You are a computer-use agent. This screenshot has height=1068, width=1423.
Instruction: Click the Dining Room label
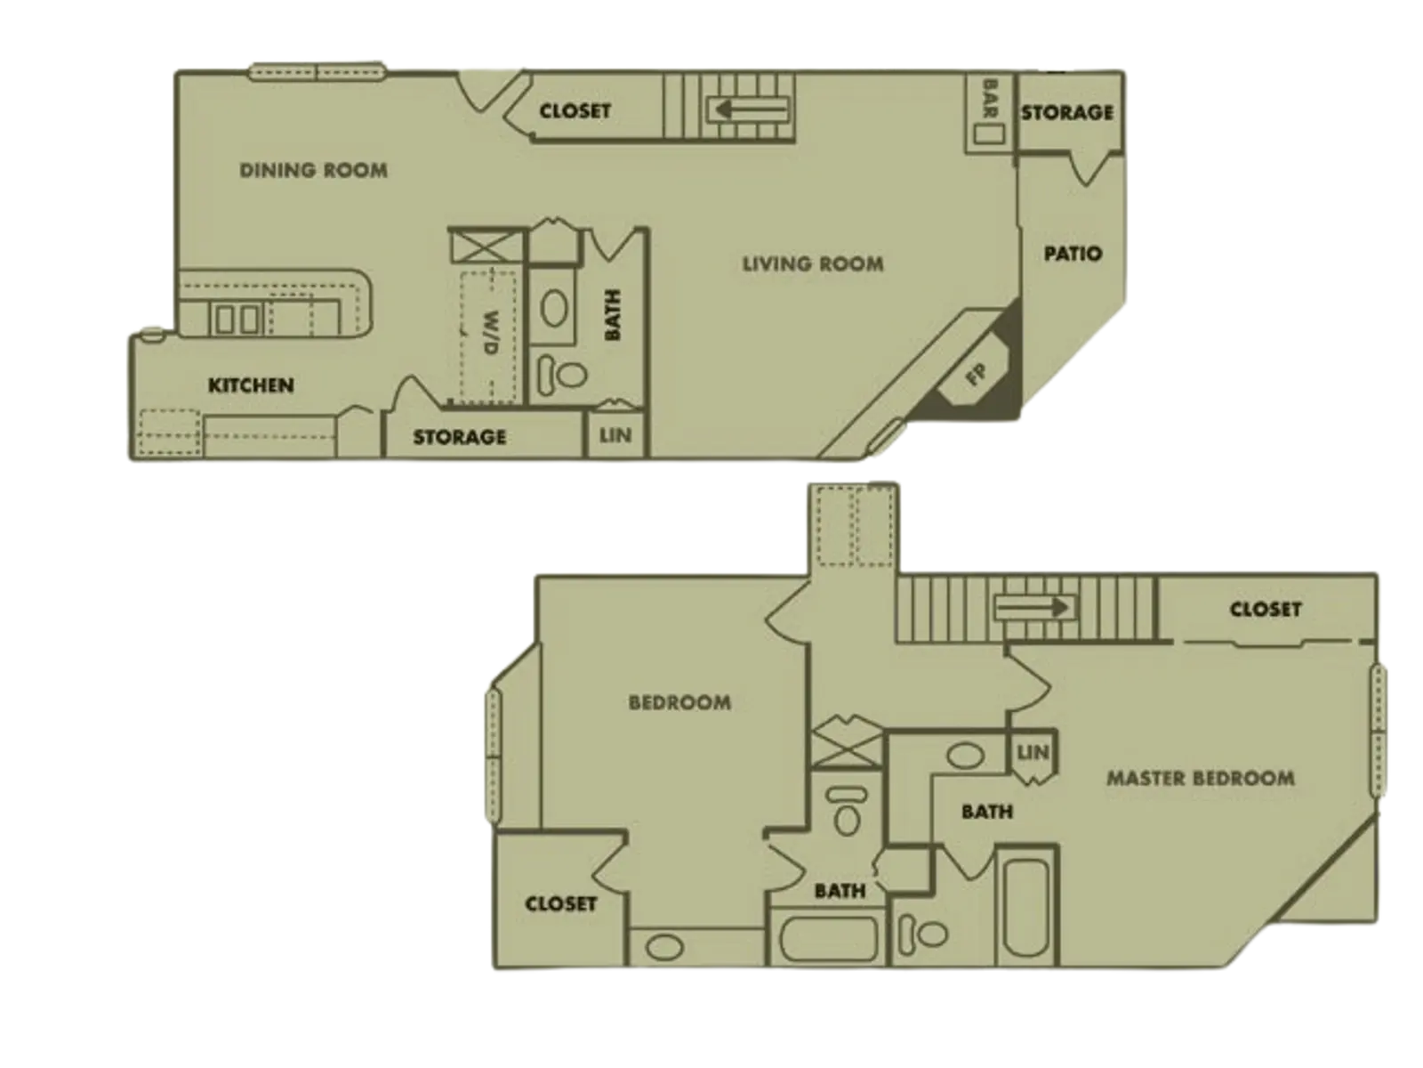(x=313, y=169)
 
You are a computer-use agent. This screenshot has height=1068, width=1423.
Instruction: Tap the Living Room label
(x=813, y=263)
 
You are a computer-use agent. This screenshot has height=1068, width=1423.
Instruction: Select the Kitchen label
(x=251, y=385)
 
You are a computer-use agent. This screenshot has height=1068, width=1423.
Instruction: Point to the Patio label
(x=1073, y=254)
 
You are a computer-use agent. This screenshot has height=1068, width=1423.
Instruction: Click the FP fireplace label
(x=976, y=375)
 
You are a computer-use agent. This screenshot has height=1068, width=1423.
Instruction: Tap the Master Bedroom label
(x=1200, y=779)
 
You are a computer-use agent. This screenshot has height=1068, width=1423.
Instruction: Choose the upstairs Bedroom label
(x=679, y=702)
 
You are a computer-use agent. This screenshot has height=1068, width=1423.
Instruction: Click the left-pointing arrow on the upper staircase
(x=747, y=109)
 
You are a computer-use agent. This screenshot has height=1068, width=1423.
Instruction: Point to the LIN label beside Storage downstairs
(x=615, y=435)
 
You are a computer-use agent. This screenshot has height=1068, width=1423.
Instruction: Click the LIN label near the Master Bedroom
(x=1033, y=753)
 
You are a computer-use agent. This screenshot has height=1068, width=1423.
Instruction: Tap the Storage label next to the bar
(x=1066, y=112)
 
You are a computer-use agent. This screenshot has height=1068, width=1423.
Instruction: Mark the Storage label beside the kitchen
(x=459, y=437)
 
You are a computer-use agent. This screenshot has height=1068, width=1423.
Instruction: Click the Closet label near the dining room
(x=575, y=111)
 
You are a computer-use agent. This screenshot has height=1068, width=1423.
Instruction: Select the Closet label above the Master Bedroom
(x=1265, y=610)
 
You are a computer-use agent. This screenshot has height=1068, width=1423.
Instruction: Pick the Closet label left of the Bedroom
(x=560, y=903)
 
